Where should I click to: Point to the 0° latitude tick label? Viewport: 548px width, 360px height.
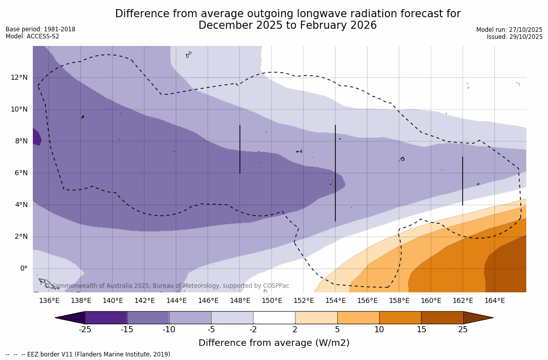[x=23, y=268]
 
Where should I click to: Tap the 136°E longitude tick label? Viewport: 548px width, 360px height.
[x=49, y=300]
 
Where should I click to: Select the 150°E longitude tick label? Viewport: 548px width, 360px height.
[x=272, y=300]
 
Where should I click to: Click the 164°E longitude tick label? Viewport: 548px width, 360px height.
[x=494, y=300]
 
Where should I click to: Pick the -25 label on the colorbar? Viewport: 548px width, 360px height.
[x=85, y=330]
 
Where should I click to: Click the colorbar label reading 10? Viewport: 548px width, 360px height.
[x=379, y=330]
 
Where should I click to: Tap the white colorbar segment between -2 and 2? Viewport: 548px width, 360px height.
[x=274, y=318]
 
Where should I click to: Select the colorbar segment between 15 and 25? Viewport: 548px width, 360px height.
[x=442, y=318]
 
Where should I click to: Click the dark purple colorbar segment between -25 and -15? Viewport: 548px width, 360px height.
[x=106, y=318]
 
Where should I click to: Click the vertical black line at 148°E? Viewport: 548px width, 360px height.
[x=240, y=149]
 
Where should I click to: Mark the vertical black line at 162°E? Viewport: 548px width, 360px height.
[x=463, y=181]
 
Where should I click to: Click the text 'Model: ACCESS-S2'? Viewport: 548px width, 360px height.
[x=32, y=36]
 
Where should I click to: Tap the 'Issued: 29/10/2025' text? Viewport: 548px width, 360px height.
[x=514, y=37]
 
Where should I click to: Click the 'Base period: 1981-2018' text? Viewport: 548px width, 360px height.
[x=40, y=29]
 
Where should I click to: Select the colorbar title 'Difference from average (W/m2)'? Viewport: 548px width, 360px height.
[x=274, y=343]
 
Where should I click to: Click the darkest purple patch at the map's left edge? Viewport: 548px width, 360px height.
[x=36, y=137]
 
